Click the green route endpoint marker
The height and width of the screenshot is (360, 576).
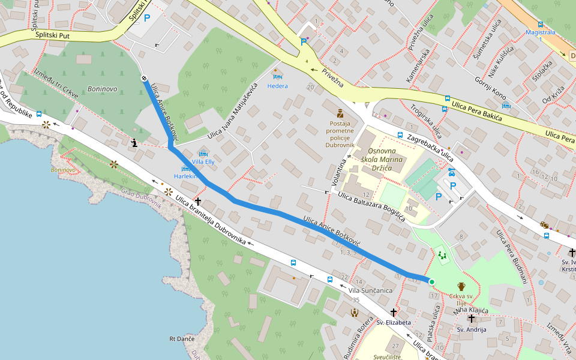click(431, 281)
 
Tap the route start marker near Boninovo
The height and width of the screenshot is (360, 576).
click(144, 78)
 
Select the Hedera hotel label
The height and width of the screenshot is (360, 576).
click(277, 86)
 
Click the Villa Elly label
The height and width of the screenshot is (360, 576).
click(202, 162)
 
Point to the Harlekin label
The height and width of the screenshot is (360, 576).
click(185, 176)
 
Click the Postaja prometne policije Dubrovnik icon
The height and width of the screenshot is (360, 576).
click(340, 113)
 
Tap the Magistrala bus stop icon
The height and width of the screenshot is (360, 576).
click(541, 25)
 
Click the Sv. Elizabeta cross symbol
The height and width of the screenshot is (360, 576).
click(394, 312)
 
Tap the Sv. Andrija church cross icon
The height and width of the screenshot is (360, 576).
click(472, 319)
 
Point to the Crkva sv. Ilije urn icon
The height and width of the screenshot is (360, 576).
click(461, 286)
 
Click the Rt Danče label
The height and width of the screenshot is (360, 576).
click(182, 340)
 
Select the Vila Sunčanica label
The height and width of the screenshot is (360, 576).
click(370, 290)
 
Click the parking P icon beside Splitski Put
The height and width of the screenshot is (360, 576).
click(147, 27)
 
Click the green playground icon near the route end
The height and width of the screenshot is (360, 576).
click(443, 256)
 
